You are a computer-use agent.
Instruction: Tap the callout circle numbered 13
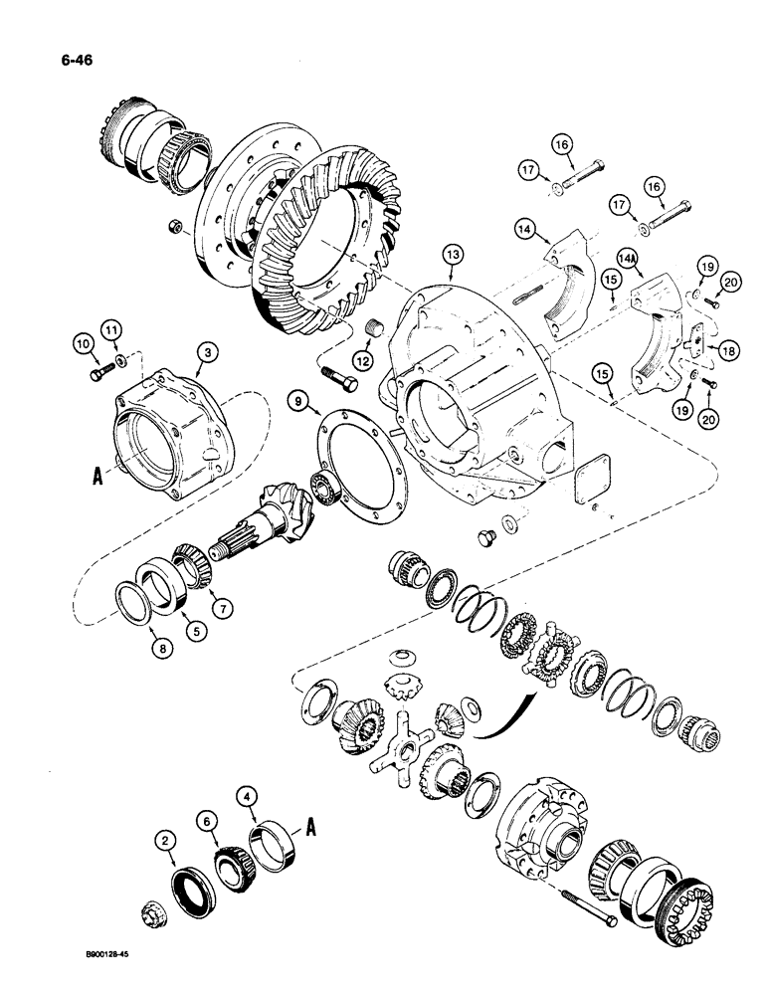[x=453, y=257]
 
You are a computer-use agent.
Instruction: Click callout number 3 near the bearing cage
[x=205, y=351]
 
